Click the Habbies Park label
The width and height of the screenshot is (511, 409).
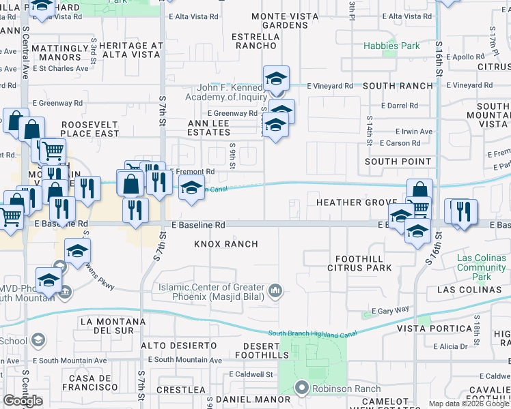click(391, 46)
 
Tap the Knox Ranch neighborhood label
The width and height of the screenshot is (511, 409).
click(226, 244)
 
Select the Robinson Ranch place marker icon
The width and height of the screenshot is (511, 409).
click(302, 389)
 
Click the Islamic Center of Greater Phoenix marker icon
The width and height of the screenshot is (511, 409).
click(275, 291)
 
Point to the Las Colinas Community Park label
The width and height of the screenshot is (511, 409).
click(481, 268)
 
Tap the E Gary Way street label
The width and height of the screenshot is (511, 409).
click(390, 310)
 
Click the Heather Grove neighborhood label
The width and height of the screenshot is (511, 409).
click(356, 203)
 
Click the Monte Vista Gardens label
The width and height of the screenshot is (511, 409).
click(280, 20)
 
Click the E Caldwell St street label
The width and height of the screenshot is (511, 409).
click(251, 374)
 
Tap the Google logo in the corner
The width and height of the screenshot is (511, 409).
click(23, 401)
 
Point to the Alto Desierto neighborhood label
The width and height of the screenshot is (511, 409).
click(179, 346)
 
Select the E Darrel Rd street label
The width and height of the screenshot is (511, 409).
click(400, 106)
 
